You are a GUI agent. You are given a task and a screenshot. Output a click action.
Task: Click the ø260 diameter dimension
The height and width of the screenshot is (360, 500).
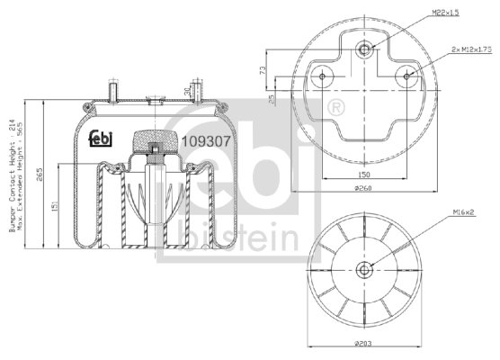pyautogui.click(x=363, y=188)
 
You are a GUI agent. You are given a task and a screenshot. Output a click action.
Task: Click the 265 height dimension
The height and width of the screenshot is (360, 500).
pyautogui.click(x=40, y=175)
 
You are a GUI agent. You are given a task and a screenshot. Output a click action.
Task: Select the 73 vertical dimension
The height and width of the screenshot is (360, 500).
pyautogui.click(x=262, y=70)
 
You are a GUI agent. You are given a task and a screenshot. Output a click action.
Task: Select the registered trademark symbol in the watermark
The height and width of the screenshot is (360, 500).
pyautogui.click(x=336, y=108)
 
